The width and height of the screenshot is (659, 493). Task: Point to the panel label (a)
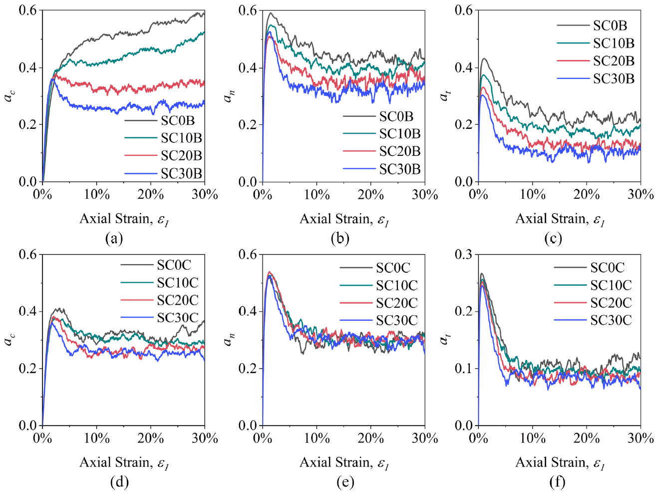coord(114,238)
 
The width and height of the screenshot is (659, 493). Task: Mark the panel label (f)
coord(557,482)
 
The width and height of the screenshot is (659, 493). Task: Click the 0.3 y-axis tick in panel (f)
coord(464,254)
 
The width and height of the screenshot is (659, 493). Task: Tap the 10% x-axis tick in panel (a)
coord(96,194)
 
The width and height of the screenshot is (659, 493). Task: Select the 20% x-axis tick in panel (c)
coord(586,194)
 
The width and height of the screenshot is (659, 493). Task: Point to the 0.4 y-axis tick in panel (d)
coord(28,311)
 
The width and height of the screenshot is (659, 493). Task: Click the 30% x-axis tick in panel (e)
coord(425,438)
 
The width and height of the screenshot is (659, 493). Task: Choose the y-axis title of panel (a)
coord(9,95)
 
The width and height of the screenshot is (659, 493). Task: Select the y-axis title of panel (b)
coord(229,95)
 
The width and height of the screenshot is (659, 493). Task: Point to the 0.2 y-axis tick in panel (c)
coord(464,124)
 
